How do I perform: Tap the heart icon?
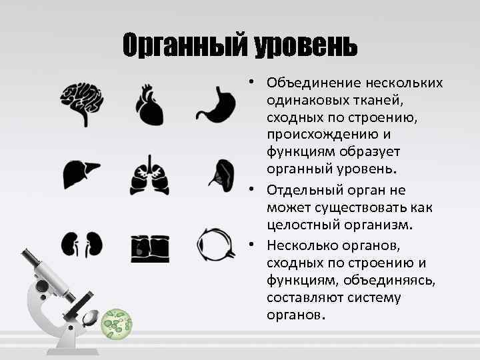click(149, 105)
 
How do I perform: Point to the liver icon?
click(81, 175)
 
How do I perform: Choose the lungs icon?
click(149, 175)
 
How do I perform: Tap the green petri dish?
click(117, 324)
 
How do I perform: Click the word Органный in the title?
click(184, 45)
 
